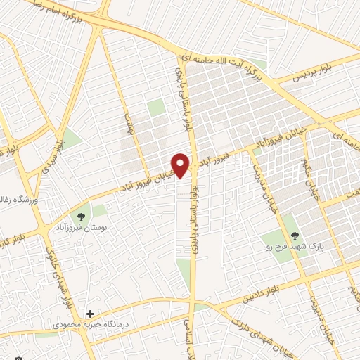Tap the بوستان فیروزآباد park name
click(79, 229)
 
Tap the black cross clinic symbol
click(90, 314)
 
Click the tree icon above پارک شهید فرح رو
click(294, 236)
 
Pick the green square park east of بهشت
click(156, 108)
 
